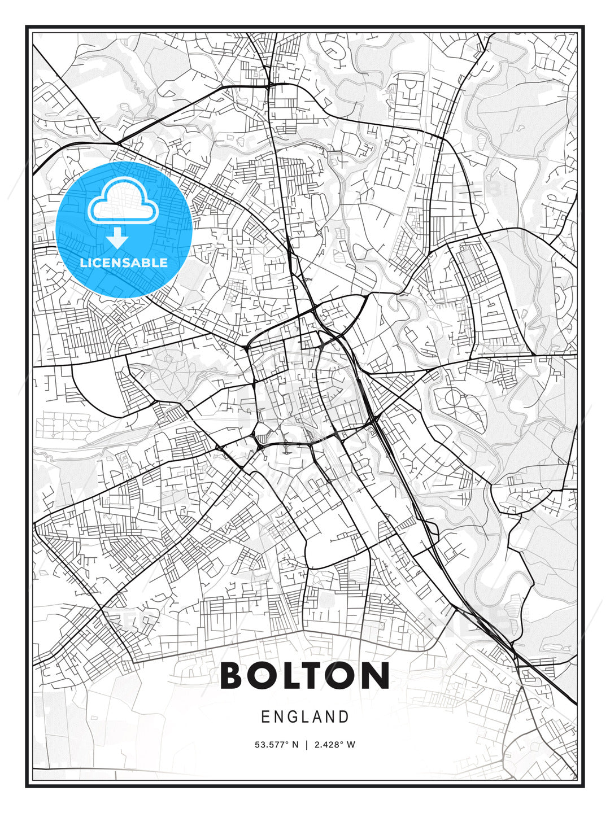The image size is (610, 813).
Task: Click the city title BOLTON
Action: (x=305, y=675)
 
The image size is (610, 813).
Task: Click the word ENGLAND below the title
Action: (x=305, y=717)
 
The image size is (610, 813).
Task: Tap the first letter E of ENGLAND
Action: (x=265, y=717)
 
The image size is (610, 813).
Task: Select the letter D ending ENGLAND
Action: (x=345, y=717)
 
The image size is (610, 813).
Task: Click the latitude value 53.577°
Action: (x=273, y=745)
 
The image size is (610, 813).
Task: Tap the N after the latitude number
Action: (x=295, y=745)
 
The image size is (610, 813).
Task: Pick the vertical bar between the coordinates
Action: (x=306, y=745)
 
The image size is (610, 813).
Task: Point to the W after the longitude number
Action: (x=351, y=745)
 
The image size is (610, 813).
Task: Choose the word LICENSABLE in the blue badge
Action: (x=124, y=263)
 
